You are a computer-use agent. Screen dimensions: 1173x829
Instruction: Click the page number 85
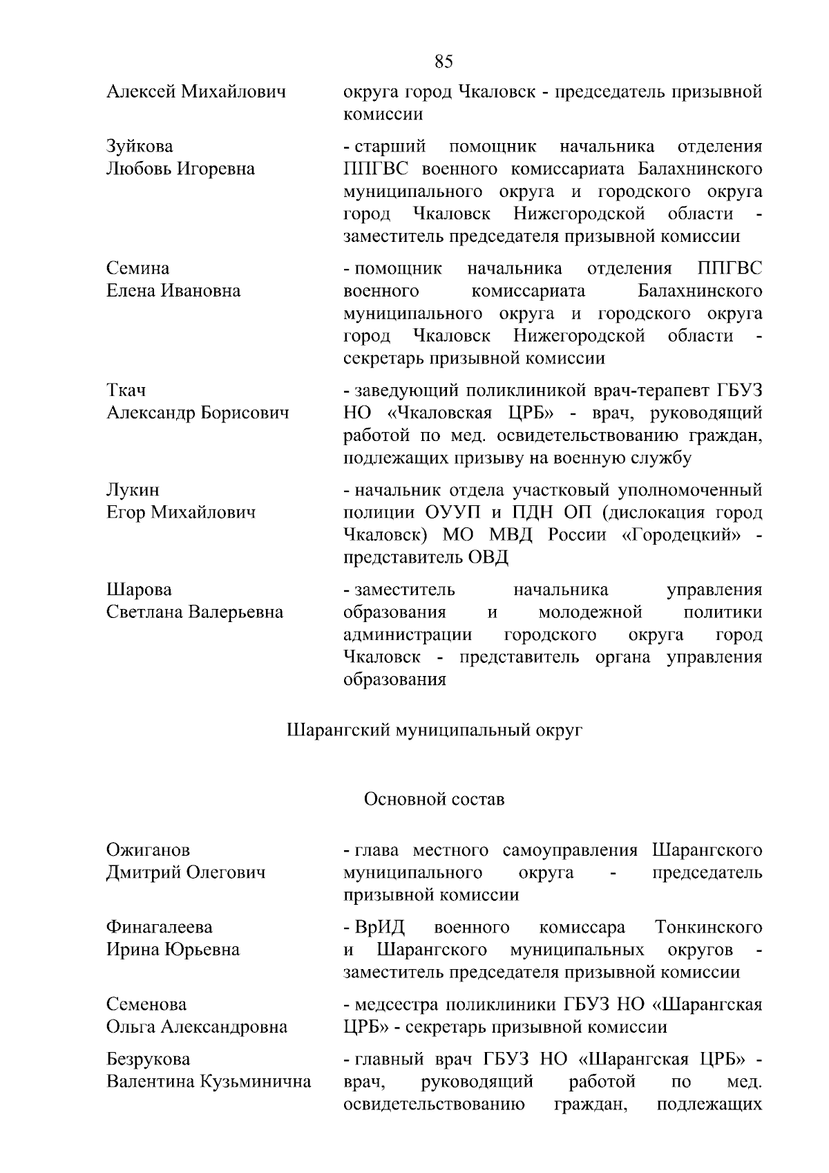[444, 62]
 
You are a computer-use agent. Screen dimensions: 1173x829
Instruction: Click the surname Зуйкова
[140, 147]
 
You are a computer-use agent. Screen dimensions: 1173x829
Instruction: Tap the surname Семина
[137, 268]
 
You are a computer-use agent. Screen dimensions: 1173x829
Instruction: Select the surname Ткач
[126, 391]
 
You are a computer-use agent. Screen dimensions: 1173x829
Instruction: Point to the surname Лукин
[133, 490]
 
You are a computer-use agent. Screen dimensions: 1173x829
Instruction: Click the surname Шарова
[139, 590]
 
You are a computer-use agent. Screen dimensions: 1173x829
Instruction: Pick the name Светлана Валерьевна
[194, 612]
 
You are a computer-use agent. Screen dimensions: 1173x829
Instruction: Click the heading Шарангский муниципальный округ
[435, 730]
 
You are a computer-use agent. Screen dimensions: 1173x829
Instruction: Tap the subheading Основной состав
[434, 800]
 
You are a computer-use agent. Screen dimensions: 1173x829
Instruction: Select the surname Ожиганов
[148, 850]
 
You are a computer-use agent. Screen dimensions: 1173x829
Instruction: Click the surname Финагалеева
[159, 927]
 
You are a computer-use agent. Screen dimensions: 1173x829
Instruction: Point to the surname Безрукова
[148, 1059]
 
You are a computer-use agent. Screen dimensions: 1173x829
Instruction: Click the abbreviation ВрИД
[379, 927]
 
